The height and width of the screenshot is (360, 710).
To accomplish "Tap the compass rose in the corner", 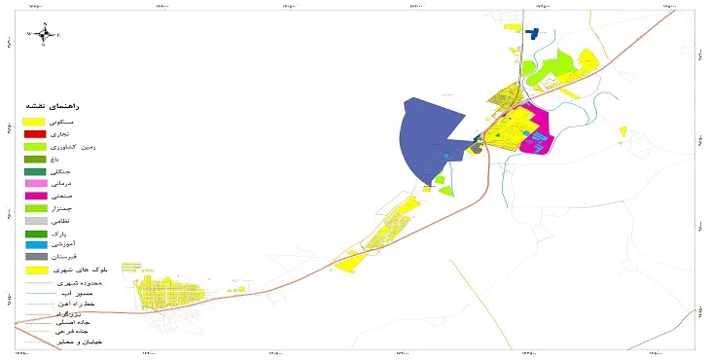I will [x=44, y=33].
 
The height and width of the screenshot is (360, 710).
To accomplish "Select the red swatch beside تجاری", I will [x=36, y=133].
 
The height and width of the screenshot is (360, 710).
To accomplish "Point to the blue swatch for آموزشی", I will [x=36, y=245].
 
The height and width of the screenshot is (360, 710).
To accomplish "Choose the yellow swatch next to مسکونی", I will [x=36, y=121].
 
